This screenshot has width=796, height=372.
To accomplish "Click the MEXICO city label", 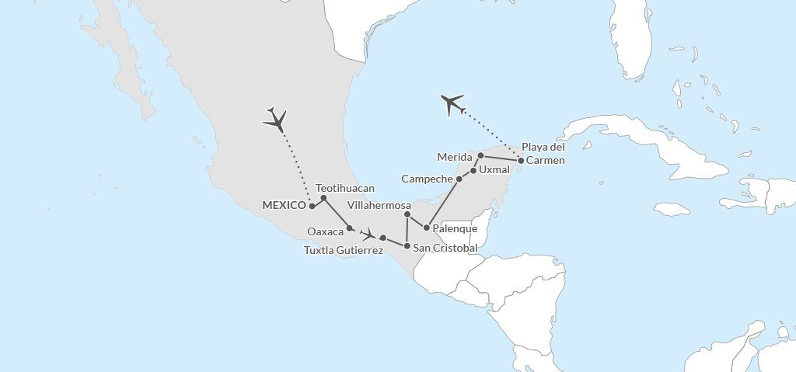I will coord(284,206).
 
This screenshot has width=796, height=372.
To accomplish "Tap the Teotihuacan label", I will coord(345,188).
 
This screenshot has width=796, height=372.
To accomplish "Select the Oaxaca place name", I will coord(326,231).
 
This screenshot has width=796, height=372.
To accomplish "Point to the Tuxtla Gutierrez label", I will coord(342,250).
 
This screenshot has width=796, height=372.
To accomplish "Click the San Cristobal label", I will coord(445,248).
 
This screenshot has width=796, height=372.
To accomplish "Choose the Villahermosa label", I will coord(379,206).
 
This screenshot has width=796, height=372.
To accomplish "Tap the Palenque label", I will coord(456,229).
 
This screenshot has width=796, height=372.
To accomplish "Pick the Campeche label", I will coord(427,179).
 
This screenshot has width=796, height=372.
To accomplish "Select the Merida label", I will coord(455,157).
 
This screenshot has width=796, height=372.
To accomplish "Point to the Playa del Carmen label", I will coord(543,154).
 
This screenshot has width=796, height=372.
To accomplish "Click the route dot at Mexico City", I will coord(311,206).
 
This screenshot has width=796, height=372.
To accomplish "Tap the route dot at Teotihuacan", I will coord(324,198).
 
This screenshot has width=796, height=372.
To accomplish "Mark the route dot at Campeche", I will coord(459,179).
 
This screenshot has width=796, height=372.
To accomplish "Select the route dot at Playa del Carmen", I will coord(521,161).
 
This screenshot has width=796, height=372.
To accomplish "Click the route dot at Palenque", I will coord(427,228).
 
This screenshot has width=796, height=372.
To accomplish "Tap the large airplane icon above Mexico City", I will coord(276,119).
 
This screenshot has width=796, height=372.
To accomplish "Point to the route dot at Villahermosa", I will coord(407,214).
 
